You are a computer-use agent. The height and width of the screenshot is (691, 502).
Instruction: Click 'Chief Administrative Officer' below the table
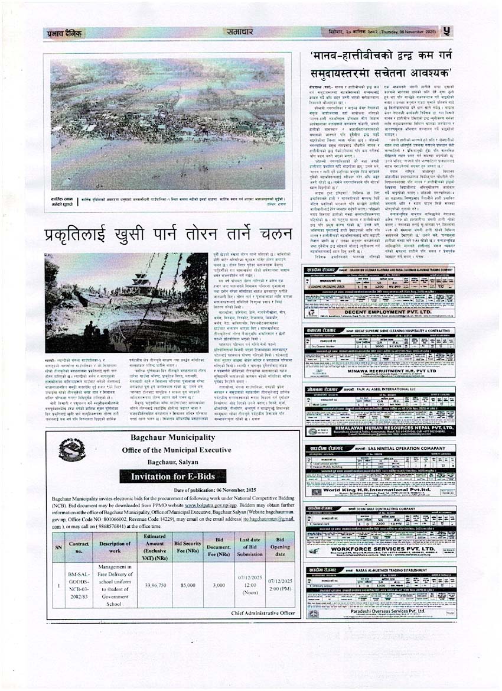(263, 613)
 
